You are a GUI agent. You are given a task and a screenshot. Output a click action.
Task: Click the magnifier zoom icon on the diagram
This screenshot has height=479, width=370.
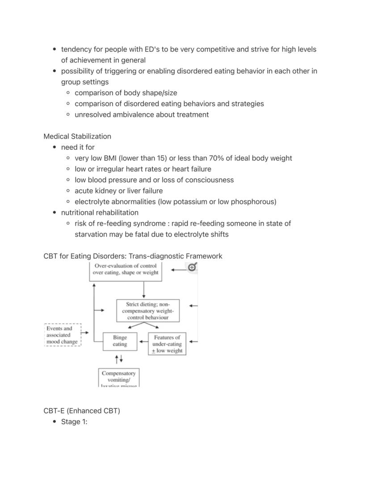tap(192, 267)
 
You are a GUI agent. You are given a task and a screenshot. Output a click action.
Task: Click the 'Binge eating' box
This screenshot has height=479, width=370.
tap(120, 341)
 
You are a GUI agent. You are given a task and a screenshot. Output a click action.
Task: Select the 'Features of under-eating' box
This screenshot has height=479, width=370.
tap(167, 344)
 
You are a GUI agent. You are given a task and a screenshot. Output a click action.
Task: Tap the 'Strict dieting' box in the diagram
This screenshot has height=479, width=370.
tap(147, 311)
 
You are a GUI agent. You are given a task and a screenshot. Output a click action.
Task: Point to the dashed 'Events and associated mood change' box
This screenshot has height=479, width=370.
tap(63, 335)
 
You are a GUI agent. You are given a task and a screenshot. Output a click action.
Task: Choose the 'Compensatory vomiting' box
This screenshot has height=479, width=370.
tap(119, 377)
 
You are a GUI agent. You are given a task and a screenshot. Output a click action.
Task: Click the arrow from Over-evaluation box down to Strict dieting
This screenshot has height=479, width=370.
tap(144, 290)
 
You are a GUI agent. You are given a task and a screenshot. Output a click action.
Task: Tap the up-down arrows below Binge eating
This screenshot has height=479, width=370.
tap(118, 359)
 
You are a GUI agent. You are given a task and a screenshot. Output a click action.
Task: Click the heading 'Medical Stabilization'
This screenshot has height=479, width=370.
tap(77, 136)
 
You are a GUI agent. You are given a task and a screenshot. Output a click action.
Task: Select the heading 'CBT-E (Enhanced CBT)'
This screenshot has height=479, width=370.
tap(82, 411)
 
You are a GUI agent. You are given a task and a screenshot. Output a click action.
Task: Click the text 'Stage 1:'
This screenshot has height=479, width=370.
tap(74, 421)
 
